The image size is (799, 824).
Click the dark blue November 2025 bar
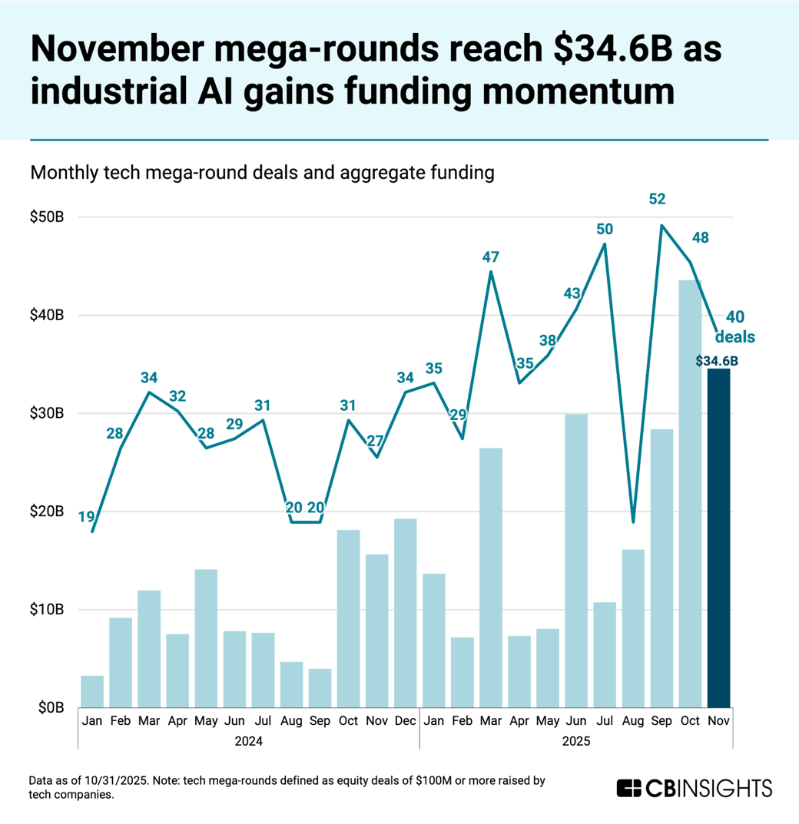point(718,538)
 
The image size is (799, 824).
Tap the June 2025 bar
point(576,561)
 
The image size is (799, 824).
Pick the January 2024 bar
point(92,691)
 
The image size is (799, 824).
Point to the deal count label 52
point(657,199)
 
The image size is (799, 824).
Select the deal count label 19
point(87,517)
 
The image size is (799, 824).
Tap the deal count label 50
point(605,228)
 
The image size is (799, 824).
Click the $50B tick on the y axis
point(48,217)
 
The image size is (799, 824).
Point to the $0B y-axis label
point(51,707)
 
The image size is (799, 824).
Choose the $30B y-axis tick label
point(48,413)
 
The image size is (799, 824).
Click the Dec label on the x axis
point(405,722)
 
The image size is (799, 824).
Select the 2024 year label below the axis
point(249,741)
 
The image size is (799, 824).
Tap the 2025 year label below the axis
point(576,741)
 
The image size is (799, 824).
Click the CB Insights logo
point(694,788)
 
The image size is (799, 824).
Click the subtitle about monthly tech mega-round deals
point(261,174)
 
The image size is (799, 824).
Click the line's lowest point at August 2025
point(633,522)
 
